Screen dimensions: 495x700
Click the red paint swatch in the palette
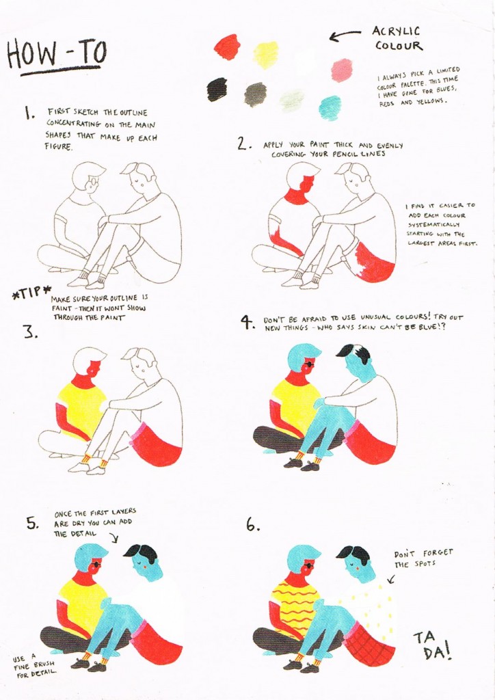tap(228, 46)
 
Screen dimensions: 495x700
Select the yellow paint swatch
tap(265, 55)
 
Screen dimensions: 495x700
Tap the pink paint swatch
tap(343, 70)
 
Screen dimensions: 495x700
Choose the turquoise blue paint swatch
tap(330, 108)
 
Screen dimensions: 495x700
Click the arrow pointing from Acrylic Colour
tap(345, 36)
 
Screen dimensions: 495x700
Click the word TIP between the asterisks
tap(31, 293)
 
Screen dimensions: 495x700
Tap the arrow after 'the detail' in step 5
tap(114, 539)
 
